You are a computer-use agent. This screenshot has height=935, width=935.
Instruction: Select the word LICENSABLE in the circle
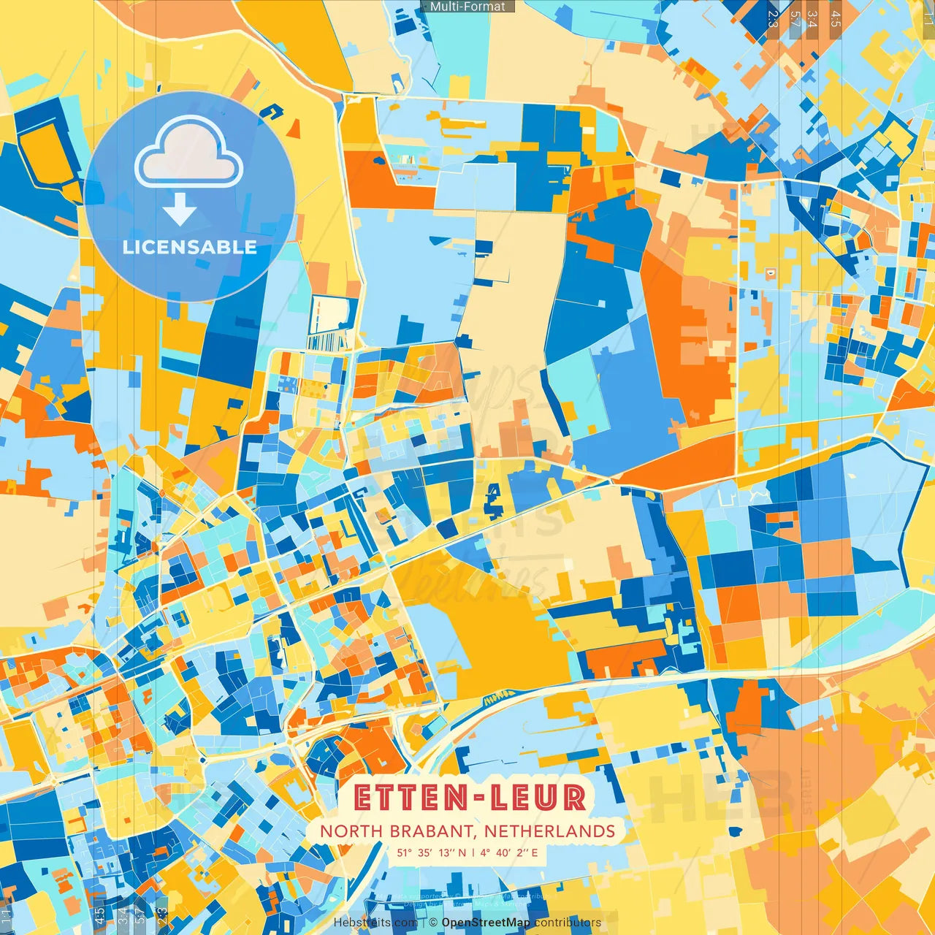tap(190, 247)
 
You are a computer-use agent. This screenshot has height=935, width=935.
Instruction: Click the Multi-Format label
tap(467, 7)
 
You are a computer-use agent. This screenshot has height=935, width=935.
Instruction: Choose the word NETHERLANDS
tap(550, 831)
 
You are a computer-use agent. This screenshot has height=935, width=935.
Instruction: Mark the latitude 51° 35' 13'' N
tap(432, 852)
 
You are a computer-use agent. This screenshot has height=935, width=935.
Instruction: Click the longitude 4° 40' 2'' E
tap(509, 852)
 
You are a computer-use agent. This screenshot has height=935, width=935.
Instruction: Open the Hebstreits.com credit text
tap(375, 923)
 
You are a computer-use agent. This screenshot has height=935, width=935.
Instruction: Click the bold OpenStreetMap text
tap(486, 923)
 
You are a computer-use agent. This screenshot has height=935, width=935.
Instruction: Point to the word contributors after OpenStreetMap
tap(568, 923)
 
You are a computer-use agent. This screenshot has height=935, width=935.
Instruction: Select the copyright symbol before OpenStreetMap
tap(433, 923)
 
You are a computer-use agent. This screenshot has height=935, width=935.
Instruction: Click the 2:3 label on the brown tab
tap(773, 19)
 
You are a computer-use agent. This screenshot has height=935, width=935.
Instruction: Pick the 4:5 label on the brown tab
tap(836, 19)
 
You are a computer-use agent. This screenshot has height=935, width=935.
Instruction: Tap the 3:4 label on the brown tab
tap(812, 19)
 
